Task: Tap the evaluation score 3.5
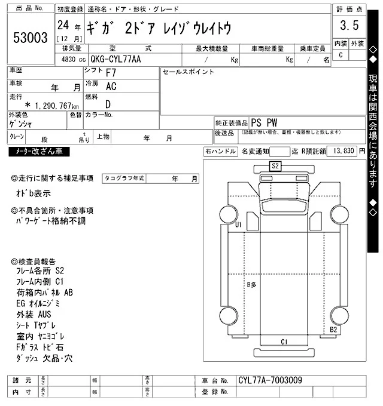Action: pyautogui.click(x=349, y=26)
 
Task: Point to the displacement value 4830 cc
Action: pyautogui.click(x=70, y=60)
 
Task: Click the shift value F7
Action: pyautogui.click(x=111, y=73)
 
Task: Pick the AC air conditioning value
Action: pyautogui.click(x=111, y=87)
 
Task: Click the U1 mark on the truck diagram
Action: pyautogui.click(x=238, y=225)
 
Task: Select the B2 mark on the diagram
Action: pyautogui.click(x=334, y=330)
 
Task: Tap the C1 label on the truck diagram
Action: pyautogui.click(x=285, y=342)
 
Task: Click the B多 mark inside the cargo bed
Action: pyautogui.click(x=251, y=285)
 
